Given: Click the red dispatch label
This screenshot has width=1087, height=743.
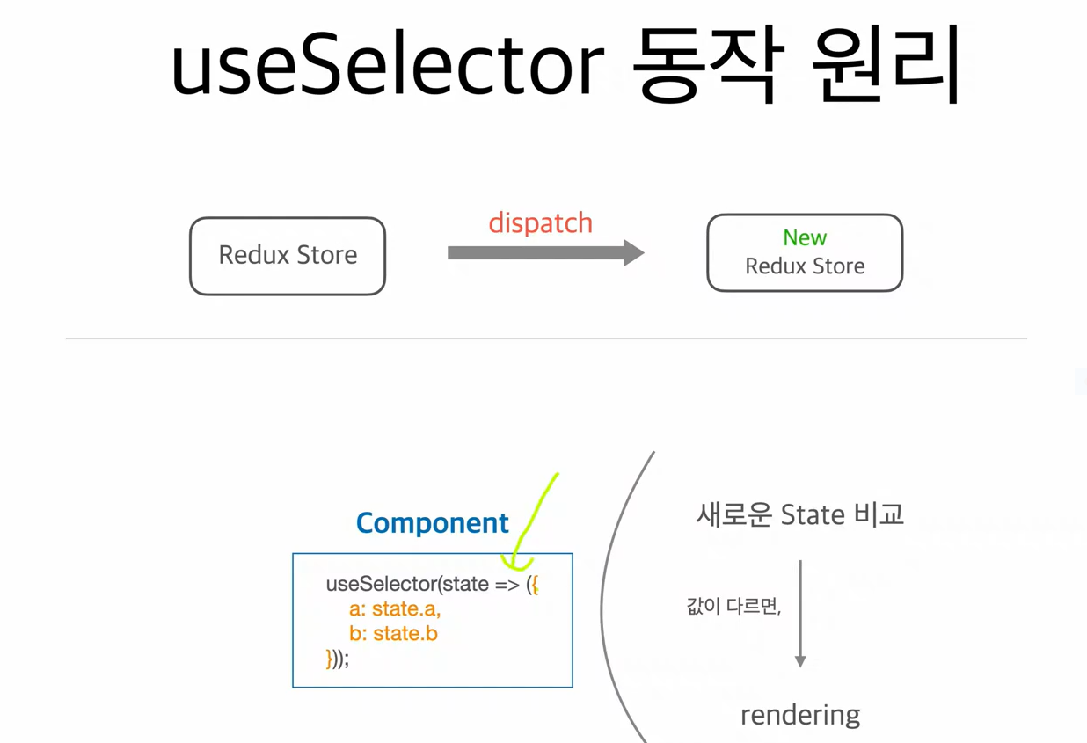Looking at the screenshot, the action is tap(540, 223).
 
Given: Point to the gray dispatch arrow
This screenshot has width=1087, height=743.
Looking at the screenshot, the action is tap(545, 253).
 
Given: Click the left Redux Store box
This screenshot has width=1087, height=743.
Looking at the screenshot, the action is tap(288, 255).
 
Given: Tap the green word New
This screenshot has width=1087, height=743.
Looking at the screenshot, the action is tap(805, 237).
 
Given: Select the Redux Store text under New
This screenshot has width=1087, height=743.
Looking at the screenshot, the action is tap(805, 266).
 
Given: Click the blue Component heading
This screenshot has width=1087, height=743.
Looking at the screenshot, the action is tap(432, 523).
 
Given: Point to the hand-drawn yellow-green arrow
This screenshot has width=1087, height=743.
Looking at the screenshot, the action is tap(534, 519).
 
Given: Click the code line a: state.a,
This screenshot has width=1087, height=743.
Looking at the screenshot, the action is tap(395, 608).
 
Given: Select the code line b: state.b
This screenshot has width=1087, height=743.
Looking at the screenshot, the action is tap(393, 633).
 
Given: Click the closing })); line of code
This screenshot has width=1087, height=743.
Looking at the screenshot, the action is tap(338, 659).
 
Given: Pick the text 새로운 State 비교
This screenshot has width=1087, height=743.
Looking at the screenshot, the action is tap(799, 514).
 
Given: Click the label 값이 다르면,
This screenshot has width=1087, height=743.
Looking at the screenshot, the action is tap(733, 606).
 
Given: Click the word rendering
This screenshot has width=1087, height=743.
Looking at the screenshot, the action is tap(800, 715).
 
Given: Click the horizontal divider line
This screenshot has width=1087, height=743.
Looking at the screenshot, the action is tap(545, 339).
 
